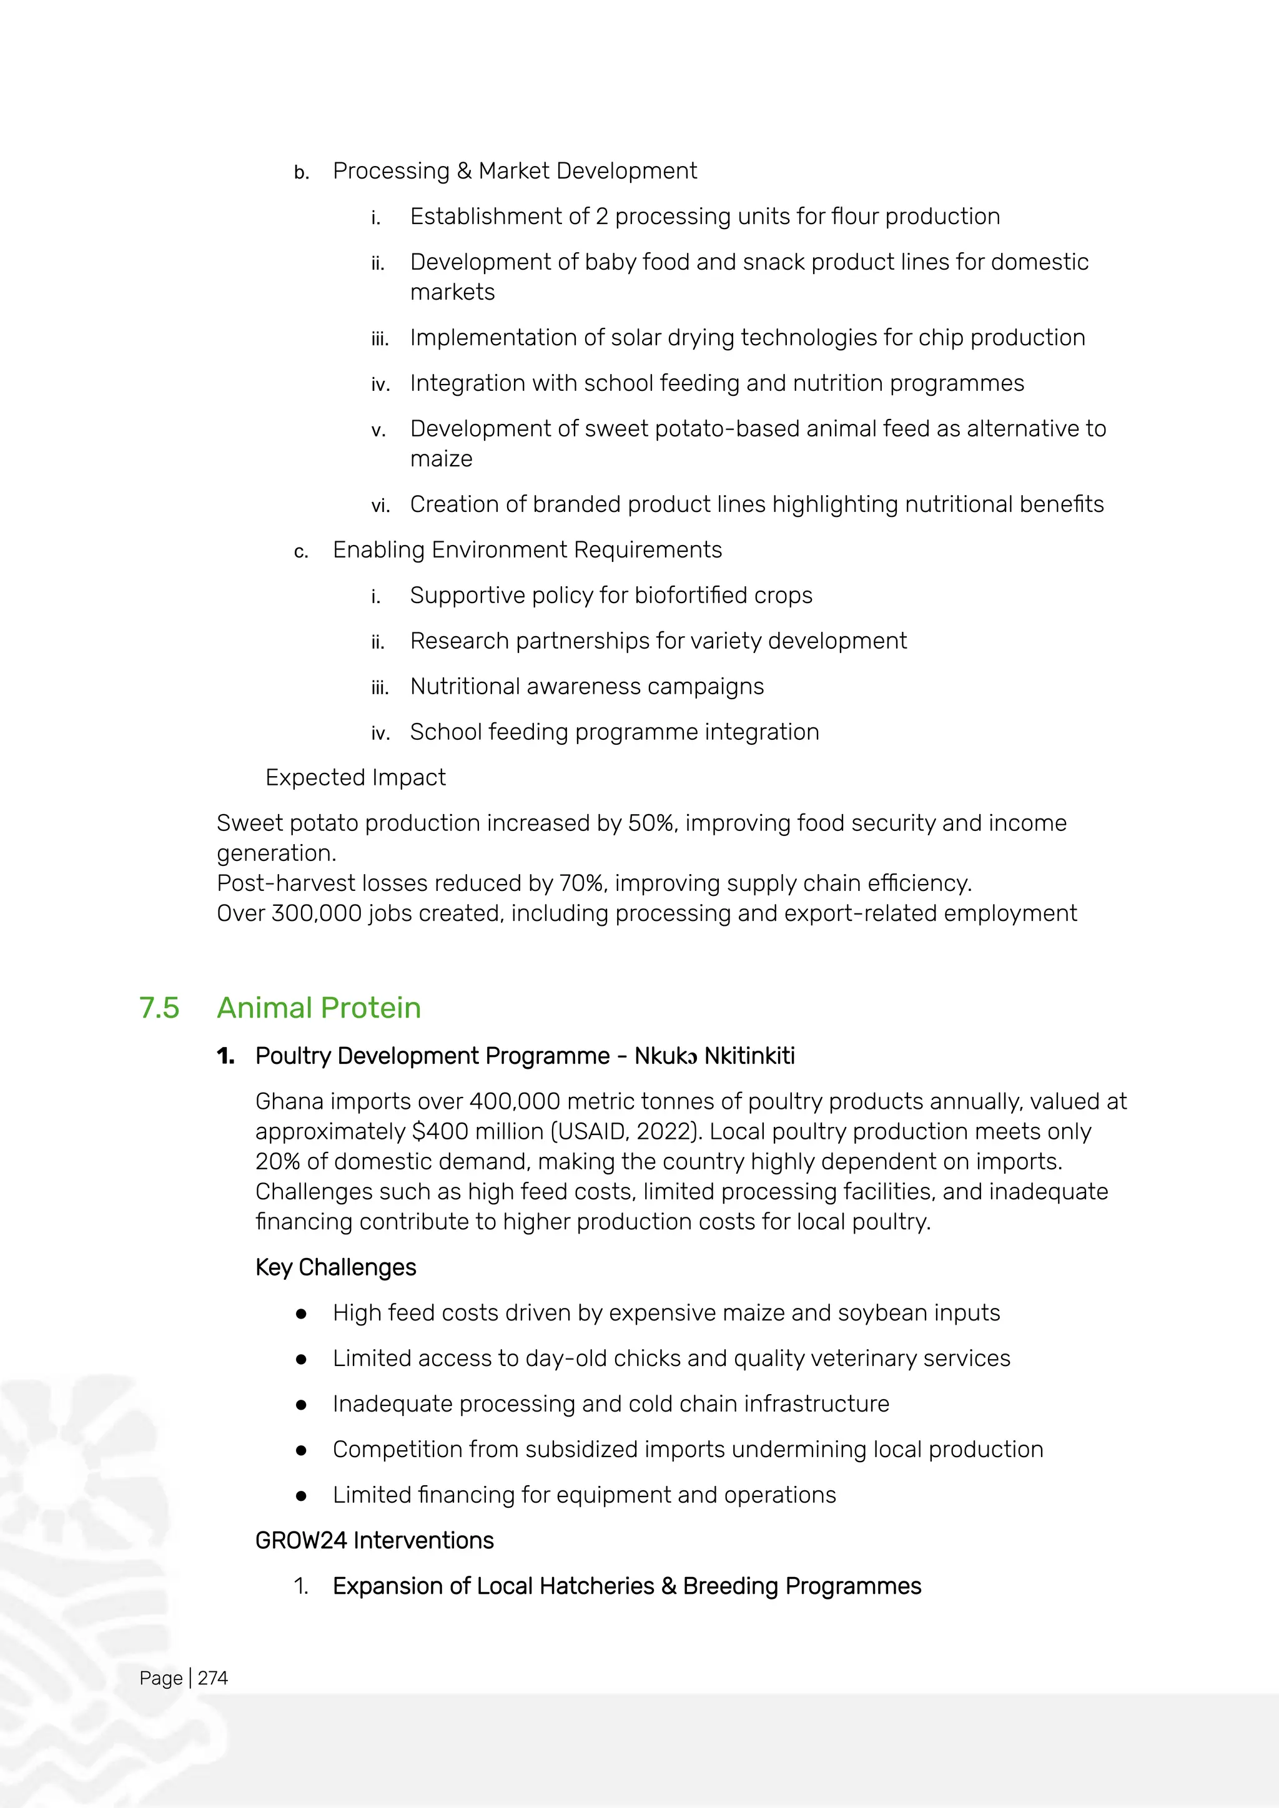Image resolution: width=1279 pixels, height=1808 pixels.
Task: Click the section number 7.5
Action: pyautogui.click(x=159, y=1008)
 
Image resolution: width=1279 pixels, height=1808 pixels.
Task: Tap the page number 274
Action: pyautogui.click(x=212, y=1678)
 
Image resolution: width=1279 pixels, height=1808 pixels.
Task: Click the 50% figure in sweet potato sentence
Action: pyautogui.click(x=651, y=823)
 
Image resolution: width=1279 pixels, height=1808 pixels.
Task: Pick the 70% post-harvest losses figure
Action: pyautogui.click(x=582, y=883)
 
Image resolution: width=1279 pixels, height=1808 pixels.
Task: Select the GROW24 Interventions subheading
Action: pyautogui.click(x=374, y=1540)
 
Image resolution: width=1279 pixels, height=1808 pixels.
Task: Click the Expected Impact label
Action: pyautogui.click(x=355, y=777)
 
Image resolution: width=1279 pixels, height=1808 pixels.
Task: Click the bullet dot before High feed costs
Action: pyautogui.click(x=301, y=1314)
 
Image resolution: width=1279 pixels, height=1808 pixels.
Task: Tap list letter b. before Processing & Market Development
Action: pyautogui.click(x=301, y=172)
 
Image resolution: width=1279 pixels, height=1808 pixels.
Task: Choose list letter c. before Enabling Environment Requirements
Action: pyautogui.click(x=301, y=551)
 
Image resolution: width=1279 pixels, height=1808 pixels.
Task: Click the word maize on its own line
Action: pyautogui.click(x=441, y=459)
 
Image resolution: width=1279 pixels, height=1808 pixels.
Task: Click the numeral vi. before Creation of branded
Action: pyautogui.click(x=380, y=506)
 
